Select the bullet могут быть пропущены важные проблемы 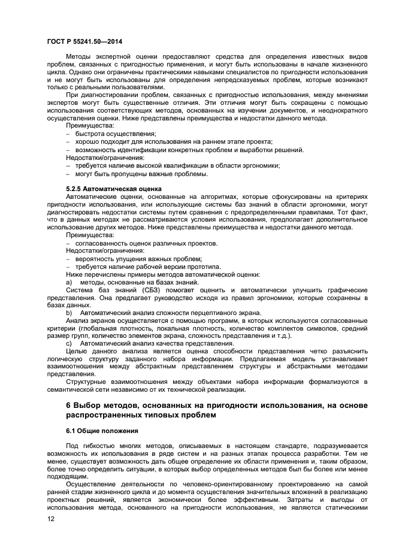141,173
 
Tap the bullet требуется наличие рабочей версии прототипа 148,266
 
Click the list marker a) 69,281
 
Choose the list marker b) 69,313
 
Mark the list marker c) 69,344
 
